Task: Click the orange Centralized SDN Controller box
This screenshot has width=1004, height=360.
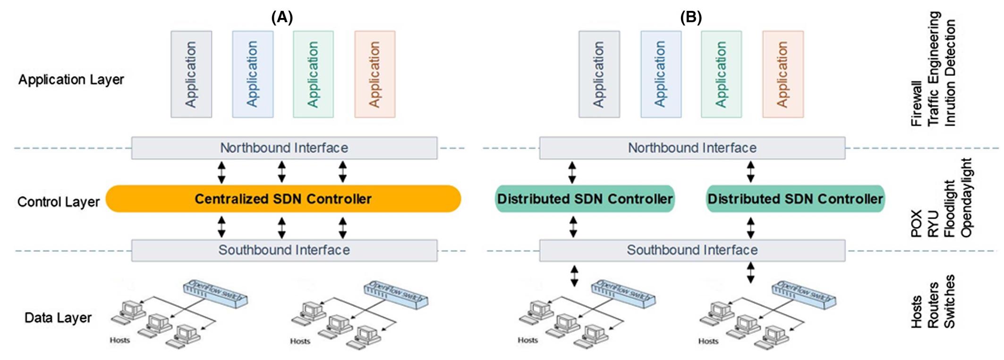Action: tap(283, 199)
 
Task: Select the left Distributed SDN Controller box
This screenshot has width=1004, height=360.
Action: tap(585, 199)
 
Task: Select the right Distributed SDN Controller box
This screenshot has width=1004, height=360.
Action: tap(795, 199)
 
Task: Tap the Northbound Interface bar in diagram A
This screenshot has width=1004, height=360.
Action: tap(284, 148)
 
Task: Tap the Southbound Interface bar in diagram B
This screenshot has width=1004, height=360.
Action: tap(692, 250)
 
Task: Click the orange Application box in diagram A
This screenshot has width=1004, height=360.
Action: tap(374, 74)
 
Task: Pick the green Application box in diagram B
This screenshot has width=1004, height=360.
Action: tap(721, 74)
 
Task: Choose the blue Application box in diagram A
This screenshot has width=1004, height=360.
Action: tap(252, 74)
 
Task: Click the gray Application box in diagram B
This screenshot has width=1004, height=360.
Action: tap(599, 74)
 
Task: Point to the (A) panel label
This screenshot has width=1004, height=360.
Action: tap(282, 17)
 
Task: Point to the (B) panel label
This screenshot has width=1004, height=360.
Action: tap(690, 17)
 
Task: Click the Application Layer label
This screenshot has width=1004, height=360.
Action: tap(71, 79)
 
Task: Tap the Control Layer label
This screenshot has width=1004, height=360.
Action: tap(58, 202)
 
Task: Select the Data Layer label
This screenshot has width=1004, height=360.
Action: tap(58, 317)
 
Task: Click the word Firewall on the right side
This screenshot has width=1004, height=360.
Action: tap(916, 103)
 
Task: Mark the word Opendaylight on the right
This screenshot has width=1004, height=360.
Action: tap(966, 197)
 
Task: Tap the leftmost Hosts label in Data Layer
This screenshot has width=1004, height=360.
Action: tap(119, 340)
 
